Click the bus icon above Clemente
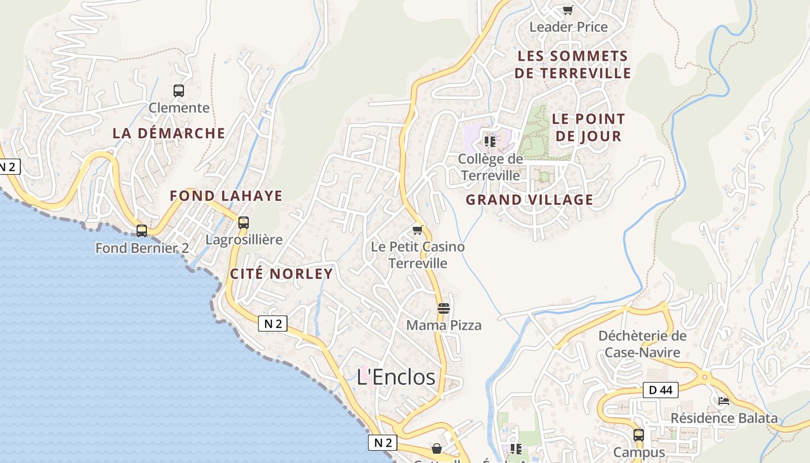click(179, 91)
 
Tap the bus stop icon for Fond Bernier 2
click(142, 231)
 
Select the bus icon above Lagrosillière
click(244, 223)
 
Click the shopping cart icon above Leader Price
click(568, 10)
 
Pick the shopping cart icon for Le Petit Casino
click(418, 230)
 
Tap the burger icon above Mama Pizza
click(444, 308)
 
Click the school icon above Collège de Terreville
click(490, 141)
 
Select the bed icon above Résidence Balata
click(723, 400)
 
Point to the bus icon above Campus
click(639, 435)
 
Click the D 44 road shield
click(660, 390)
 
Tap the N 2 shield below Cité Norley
click(273, 324)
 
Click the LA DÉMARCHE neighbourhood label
click(169, 133)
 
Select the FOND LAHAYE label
click(226, 196)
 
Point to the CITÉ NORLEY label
click(282, 274)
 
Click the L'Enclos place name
click(396, 377)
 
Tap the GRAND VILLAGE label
click(529, 200)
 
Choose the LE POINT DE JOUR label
click(588, 127)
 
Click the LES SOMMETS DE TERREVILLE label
click(572, 64)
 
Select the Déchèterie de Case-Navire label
click(642, 344)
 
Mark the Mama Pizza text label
click(444, 325)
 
